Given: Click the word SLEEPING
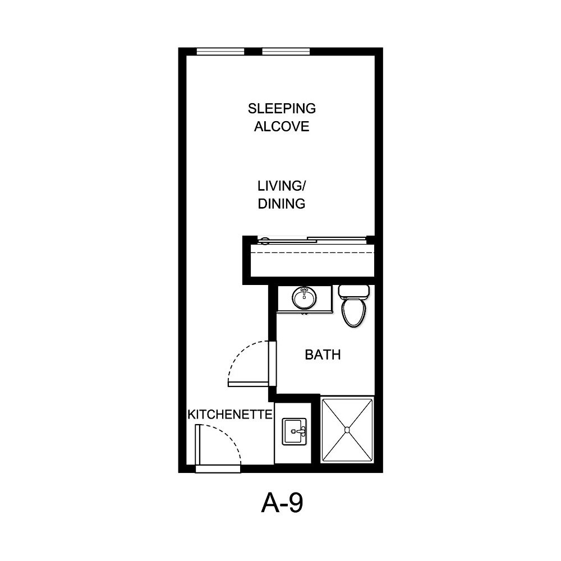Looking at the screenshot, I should coord(282,108).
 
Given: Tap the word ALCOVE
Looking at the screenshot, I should coord(282,126).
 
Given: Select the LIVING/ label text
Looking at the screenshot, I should coord(282,185).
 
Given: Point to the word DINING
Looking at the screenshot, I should coord(282,203).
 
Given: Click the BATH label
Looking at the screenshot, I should coord(323,355).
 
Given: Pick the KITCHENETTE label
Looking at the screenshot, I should coord(230,415).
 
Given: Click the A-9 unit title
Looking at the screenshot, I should coord(282,504).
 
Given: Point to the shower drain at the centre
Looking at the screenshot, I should coord(347,430).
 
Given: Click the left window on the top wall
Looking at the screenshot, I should coord(220,52).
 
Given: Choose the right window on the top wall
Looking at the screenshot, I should coord(286,52).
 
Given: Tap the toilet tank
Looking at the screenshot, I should coord(353,291).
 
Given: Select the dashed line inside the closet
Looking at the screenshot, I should coord(311,253).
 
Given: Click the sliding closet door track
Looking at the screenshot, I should coord(311,241).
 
